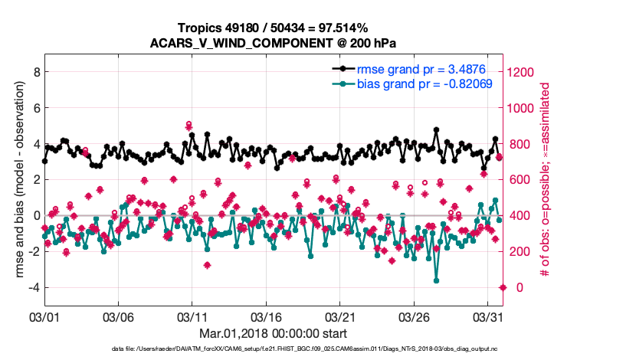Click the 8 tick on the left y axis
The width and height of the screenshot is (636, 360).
35,72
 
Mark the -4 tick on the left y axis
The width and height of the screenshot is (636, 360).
34,287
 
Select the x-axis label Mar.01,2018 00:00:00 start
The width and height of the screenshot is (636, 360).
273,333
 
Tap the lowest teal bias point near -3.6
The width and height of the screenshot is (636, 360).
437,281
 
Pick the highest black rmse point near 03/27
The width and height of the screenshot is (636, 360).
436,130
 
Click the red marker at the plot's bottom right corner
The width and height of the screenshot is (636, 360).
503,287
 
